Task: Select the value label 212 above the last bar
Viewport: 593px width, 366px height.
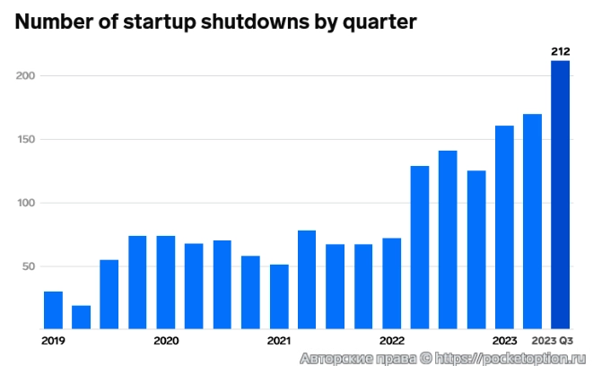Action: (x=560, y=52)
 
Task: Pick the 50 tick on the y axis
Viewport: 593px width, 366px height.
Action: (x=27, y=267)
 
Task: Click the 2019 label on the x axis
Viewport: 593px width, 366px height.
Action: (x=54, y=341)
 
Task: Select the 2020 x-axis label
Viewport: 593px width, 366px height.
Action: (x=166, y=341)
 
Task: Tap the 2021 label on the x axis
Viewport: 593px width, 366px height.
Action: (x=279, y=341)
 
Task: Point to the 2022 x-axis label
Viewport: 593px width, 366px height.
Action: (x=392, y=341)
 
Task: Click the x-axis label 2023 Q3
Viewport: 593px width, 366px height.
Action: (x=552, y=341)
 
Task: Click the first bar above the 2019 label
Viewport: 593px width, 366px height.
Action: (x=54, y=309)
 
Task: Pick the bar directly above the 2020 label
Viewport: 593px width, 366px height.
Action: (x=166, y=282)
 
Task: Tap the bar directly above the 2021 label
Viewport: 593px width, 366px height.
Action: (x=279, y=296)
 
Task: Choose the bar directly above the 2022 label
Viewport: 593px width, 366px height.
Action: (x=392, y=283)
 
